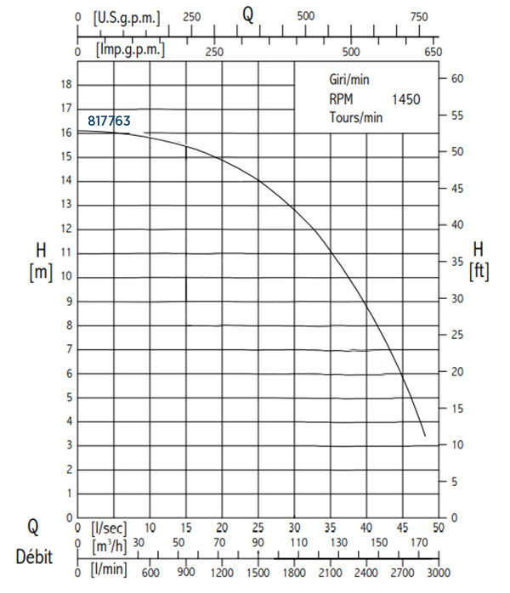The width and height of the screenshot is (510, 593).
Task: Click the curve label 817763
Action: point(108,121)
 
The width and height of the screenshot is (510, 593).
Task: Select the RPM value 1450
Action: point(405,99)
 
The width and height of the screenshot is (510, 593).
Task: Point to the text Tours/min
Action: point(356,117)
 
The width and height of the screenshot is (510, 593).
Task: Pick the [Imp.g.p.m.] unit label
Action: point(131,50)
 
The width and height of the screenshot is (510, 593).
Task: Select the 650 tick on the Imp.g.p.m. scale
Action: point(433,51)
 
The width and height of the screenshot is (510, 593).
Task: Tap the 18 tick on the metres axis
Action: point(65,84)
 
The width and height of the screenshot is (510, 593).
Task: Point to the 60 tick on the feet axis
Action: point(456,78)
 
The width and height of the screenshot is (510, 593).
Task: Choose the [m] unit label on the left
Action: point(41,272)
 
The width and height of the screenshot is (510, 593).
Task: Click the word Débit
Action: point(33,558)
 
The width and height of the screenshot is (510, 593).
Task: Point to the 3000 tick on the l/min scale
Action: point(439,573)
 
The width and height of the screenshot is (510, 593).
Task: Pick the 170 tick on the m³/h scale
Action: point(418,543)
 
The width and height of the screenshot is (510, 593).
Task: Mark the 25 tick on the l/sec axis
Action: point(258,527)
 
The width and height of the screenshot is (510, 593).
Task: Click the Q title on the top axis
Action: point(248,14)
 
